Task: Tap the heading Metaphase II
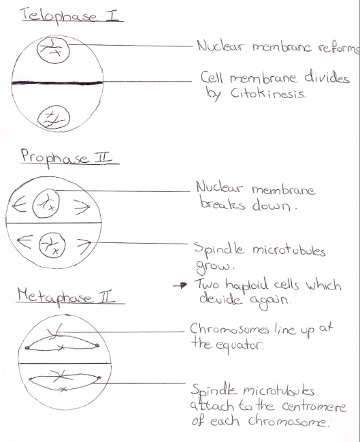point(67,296)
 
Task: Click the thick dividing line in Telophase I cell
point(57,82)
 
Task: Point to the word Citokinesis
point(267,93)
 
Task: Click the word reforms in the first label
point(339,48)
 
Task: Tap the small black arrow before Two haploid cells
point(180,285)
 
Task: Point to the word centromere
point(314,407)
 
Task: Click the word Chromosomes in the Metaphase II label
point(229,329)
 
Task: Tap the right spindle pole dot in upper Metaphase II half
point(97,345)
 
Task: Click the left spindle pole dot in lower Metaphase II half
point(31,379)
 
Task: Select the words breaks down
point(248,204)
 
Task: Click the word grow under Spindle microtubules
point(214,266)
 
